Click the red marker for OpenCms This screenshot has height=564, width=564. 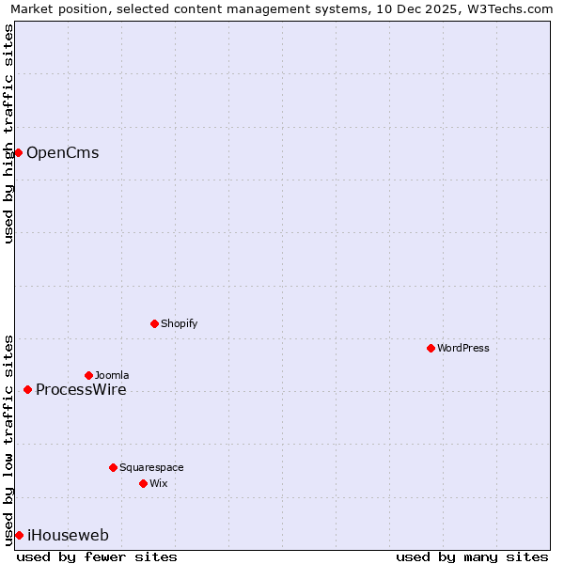pyautogui.click(x=18, y=152)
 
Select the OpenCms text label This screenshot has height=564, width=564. pyautogui.click(x=62, y=153)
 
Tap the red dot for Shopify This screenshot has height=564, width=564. pyautogui.click(x=154, y=323)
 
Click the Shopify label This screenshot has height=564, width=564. pyautogui.click(x=179, y=324)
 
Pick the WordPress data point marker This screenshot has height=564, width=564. pyautogui.click(x=431, y=348)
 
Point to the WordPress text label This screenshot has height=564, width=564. pyautogui.click(x=462, y=349)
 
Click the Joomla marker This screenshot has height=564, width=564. pyautogui.click(x=88, y=375)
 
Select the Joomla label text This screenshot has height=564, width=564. pyautogui.click(x=112, y=376)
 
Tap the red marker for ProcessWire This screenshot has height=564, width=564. pyautogui.click(x=27, y=389)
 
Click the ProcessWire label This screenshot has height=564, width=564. pyautogui.click(x=81, y=390)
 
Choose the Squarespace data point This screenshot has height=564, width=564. pyautogui.click(x=113, y=467)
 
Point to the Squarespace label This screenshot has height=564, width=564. pyautogui.click(x=151, y=468)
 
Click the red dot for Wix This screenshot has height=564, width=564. pyautogui.click(x=143, y=483)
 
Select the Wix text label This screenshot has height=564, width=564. pyautogui.click(x=159, y=484)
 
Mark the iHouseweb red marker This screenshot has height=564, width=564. pyautogui.click(x=19, y=535)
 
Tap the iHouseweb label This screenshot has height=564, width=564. pyautogui.click(x=68, y=536)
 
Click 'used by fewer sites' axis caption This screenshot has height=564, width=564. pyautogui.click(x=97, y=556)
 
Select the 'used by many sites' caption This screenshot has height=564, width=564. pyautogui.click(x=472, y=556)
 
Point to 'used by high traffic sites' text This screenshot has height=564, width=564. pyautogui.click(x=8, y=133)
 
